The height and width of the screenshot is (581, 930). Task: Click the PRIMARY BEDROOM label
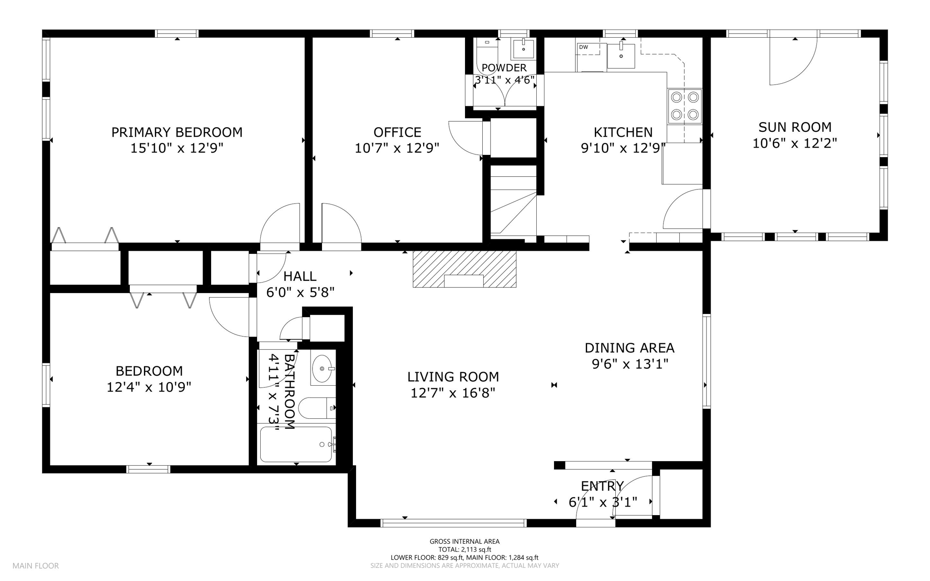tap(177, 132)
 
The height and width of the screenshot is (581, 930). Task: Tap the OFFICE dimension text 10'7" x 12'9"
tap(397, 148)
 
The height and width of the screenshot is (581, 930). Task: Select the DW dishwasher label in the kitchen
tap(583, 47)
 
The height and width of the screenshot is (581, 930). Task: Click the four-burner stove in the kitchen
tap(684, 107)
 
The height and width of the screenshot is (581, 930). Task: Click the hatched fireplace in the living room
tap(464, 269)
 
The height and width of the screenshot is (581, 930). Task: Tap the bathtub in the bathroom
tap(296, 444)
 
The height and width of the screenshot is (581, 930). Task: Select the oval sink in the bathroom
tap(322, 369)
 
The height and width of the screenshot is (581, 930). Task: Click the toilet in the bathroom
tap(317, 408)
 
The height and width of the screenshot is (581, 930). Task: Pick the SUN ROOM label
tap(795, 127)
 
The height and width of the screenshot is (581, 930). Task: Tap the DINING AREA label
tap(629, 348)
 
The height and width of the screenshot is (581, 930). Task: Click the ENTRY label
tap(603, 486)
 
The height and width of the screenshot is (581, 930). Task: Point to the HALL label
tap(300, 276)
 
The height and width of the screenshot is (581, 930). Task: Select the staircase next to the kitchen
tap(514, 201)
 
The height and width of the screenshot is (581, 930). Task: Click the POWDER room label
tap(504, 68)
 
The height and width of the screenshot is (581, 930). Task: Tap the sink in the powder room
tap(524, 49)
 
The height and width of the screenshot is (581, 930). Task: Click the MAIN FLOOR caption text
tap(35, 566)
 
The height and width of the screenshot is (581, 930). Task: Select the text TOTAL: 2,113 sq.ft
tap(465, 549)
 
